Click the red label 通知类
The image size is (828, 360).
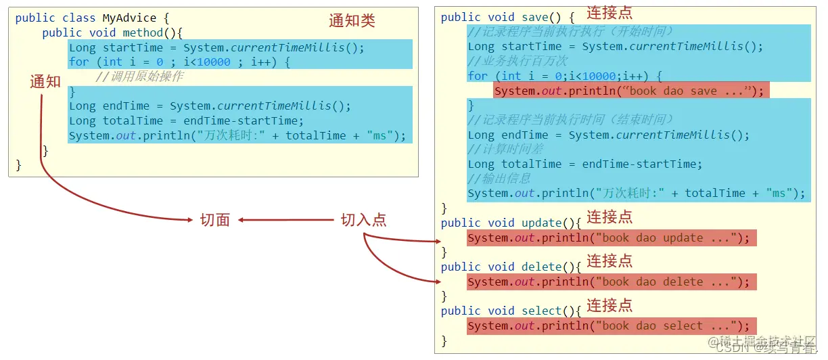coord(352,21)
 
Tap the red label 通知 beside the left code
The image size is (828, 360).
coord(45,82)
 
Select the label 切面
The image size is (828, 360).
coord(215,220)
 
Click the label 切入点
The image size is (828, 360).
coord(363,220)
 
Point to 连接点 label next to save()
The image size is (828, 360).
coord(609,12)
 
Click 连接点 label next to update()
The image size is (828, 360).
coord(609,217)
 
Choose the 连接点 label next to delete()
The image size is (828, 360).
coord(609,261)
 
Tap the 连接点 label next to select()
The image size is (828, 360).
coord(609,305)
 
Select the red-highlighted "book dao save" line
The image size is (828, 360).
coord(630,91)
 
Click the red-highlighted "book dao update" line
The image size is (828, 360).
coord(611,238)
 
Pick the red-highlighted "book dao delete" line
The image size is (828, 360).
coord(611,282)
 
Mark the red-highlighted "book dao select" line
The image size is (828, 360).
coord(611,325)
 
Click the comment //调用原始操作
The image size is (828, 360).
coord(139,76)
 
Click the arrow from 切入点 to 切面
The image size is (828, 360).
coord(287,220)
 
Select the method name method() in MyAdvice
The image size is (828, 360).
coord(153,33)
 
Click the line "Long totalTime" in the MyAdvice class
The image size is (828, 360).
coord(186,120)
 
